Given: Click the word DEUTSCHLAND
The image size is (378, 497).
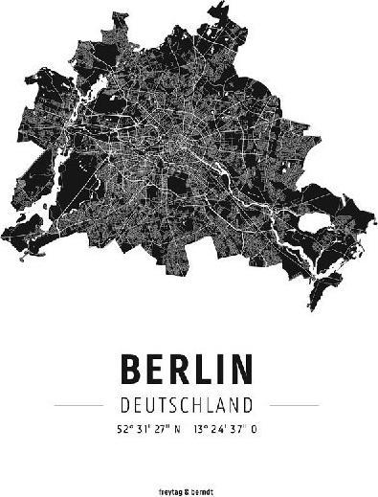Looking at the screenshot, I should click(x=188, y=404).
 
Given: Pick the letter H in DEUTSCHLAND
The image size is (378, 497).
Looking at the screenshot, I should click(x=209, y=404).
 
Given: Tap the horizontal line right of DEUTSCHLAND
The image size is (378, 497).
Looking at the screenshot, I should click(x=296, y=404).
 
